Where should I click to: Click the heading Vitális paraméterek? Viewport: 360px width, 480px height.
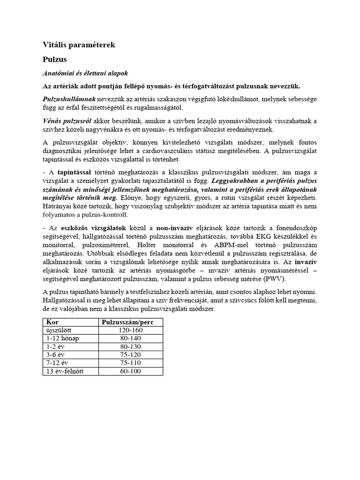pos(78,45)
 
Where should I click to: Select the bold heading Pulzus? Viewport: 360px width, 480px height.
pos(55,60)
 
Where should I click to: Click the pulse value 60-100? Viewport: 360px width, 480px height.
pos(131,371)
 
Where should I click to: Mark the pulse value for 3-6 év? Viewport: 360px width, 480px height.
pos(131,355)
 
